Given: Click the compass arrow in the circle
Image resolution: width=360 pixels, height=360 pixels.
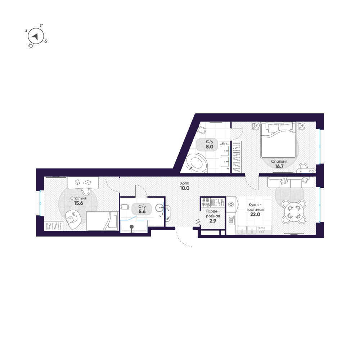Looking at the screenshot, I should pos(35,36).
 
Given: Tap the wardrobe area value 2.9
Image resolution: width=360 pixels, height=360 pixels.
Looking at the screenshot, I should pos(213,221).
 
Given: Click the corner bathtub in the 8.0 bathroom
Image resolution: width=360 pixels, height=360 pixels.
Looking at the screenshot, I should pos(197,162).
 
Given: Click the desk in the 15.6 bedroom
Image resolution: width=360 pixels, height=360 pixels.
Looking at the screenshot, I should pos(83,183).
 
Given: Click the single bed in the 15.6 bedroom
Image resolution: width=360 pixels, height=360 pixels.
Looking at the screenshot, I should pos(102,221).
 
